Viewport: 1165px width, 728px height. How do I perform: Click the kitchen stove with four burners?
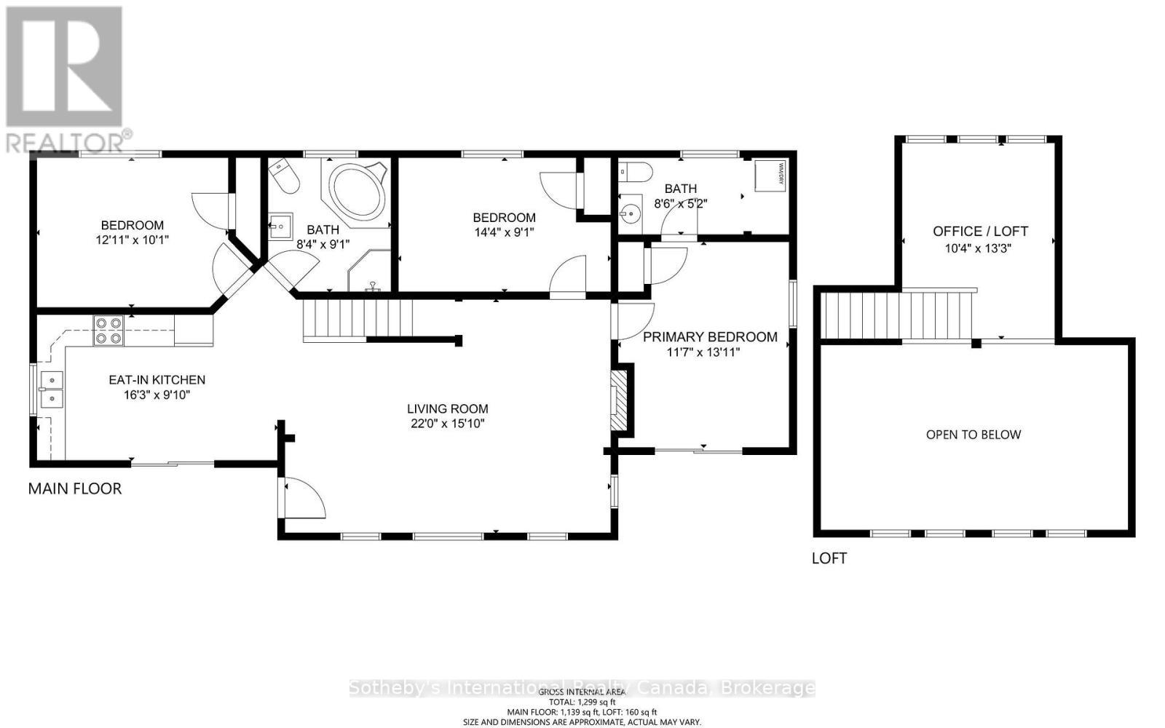(x=108, y=331)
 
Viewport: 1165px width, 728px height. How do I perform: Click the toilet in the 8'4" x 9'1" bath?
(x=283, y=177)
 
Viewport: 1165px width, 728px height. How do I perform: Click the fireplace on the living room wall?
(x=617, y=401)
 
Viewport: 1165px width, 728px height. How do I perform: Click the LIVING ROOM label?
(x=447, y=409)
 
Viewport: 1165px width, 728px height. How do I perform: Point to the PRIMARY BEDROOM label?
(x=710, y=337)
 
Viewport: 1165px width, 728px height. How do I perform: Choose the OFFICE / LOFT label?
(x=980, y=232)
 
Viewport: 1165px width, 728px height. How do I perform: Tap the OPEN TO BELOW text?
(x=974, y=435)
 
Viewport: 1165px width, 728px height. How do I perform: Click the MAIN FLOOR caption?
(x=75, y=488)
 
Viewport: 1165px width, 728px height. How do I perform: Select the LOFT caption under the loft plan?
(x=829, y=558)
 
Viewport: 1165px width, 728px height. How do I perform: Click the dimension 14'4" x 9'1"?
(x=504, y=232)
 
